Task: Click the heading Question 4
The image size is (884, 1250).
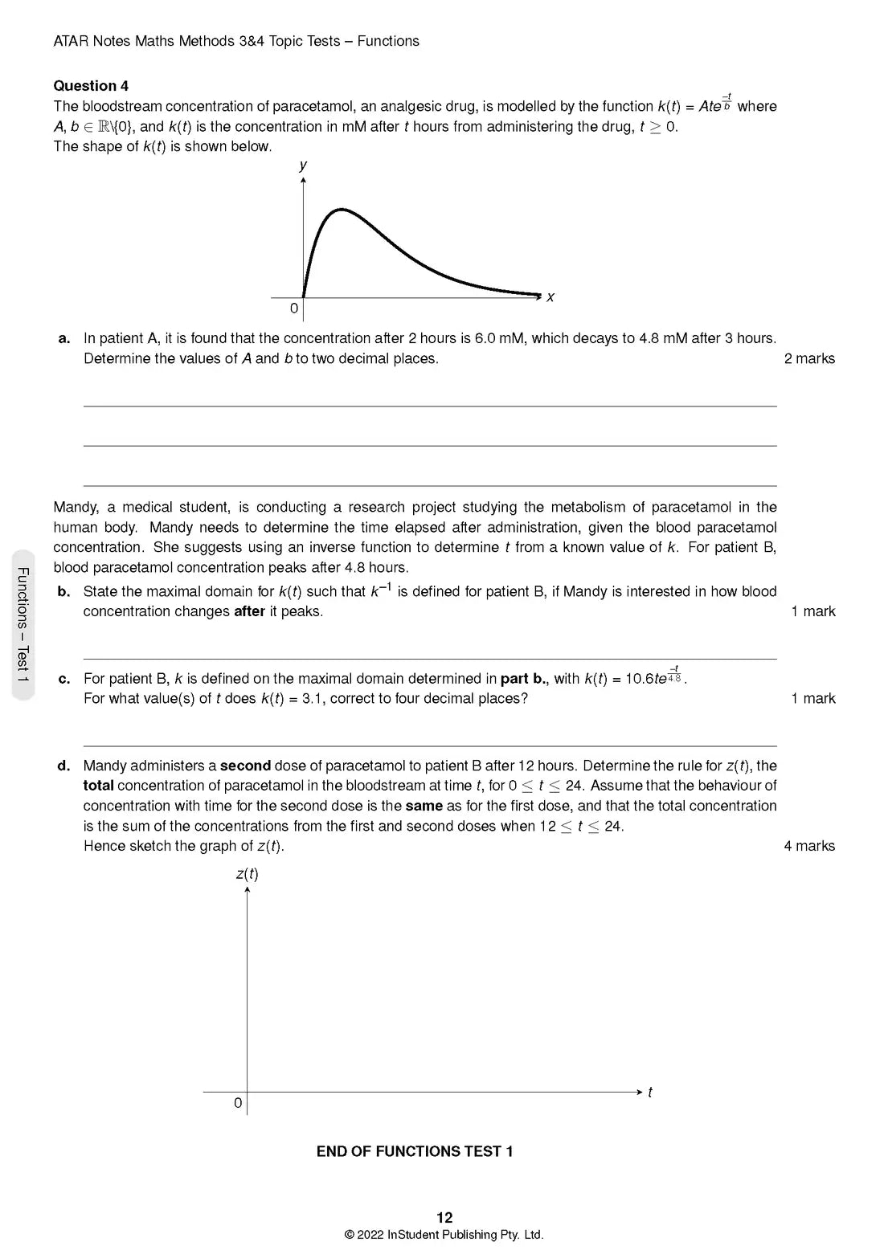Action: [x=91, y=86]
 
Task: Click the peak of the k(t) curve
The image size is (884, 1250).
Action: [x=342, y=210]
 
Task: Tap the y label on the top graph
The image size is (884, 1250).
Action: [x=303, y=165]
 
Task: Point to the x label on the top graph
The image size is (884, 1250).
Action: [x=550, y=297]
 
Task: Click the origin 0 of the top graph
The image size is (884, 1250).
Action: [x=294, y=308]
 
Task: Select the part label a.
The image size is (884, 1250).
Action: [x=64, y=338]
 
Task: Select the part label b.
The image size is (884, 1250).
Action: [x=64, y=591]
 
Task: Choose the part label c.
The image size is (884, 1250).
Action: [x=64, y=679]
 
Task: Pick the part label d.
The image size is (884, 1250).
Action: [x=64, y=766]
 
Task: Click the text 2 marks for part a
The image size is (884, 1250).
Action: [x=809, y=358]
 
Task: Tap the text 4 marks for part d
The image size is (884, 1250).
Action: [x=809, y=846]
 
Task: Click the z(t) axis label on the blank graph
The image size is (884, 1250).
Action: [x=247, y=873]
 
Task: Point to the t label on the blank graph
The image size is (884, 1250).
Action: [x=650, y=1093]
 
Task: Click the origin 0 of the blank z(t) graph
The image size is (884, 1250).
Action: [x=238, y=1103]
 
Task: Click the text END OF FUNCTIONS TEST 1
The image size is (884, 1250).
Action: [x=415, y=1151]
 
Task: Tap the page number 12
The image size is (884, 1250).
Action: [x=444, y=1217]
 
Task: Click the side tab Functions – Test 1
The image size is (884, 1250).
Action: [x=23, y=624]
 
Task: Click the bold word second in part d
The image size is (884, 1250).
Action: [x=245, y=766]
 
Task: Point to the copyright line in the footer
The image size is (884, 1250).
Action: [x=444, y=1235]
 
